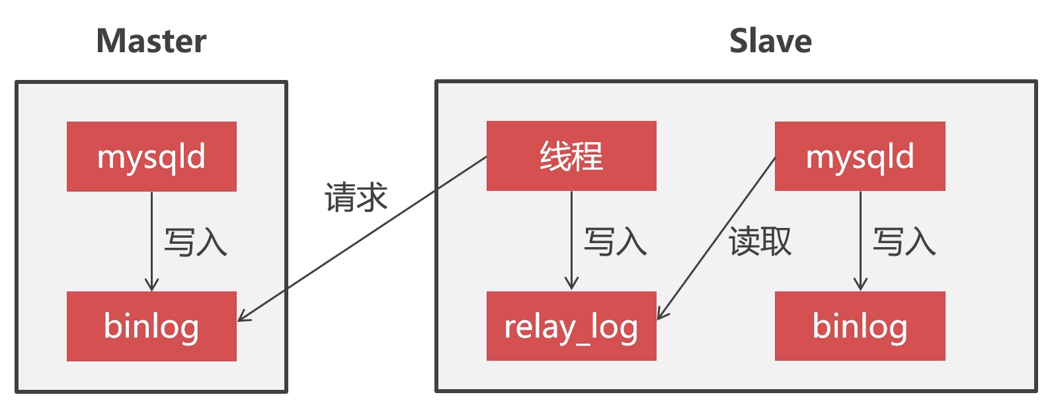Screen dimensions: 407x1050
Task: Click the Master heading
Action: click(151, 41)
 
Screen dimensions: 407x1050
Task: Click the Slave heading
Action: click(770, 41)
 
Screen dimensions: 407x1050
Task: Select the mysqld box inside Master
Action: click(151, 157)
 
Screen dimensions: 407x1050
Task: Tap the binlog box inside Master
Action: click(151, 326)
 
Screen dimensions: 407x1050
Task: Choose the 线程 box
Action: click(571, 156)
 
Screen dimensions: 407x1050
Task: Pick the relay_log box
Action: click(571, 326)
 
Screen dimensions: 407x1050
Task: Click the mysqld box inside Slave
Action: click(860, 157)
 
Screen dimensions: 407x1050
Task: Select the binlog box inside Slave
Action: click(860, 326)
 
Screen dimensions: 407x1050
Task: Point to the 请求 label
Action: click(356, 198)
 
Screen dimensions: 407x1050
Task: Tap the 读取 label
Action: click(760, 241)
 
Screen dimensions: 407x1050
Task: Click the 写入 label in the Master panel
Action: click(195, 242)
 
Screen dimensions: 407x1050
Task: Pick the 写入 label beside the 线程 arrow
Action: click(615, 241)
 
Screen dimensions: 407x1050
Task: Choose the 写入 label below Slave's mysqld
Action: click(904, 241)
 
